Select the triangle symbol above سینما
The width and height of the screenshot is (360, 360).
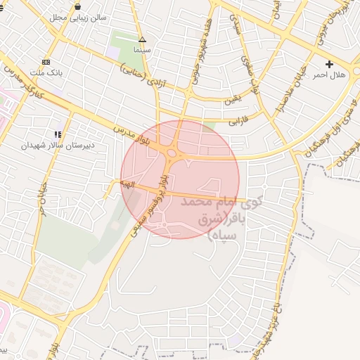tap(142, 40)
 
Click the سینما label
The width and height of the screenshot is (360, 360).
tap(142, 50)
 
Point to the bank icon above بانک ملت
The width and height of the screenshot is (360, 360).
tap(46, 62)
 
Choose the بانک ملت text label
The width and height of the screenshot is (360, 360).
tap(47, 72)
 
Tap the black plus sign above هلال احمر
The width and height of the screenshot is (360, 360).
tap(328, 64)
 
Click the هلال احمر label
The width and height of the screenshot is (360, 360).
tap(328, 75)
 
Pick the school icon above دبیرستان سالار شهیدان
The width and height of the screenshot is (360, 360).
tap(58, 134)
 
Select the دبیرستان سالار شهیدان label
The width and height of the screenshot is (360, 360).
tap(58, 145)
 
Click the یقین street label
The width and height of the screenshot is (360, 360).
tap(233, 101)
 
